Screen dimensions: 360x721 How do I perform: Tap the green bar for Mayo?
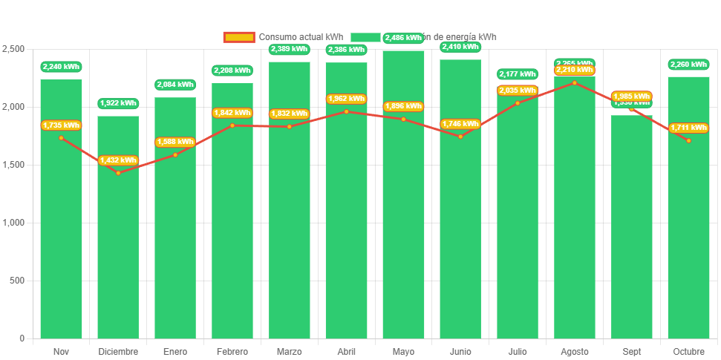[403, 223]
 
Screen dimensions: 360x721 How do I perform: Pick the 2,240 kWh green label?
[61, 67]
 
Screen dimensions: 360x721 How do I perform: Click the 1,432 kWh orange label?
[118, 160]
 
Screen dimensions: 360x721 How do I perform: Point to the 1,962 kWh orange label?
[346, 99]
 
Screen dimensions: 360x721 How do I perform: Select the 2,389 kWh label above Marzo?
[289, 50]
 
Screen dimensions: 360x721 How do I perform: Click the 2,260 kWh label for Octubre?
[688, 65]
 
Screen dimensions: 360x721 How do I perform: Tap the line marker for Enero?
[175, 154]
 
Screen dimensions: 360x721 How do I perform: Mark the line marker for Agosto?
[574, 82]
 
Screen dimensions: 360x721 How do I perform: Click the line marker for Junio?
[460, 137]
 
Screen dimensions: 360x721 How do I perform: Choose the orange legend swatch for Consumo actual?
[238, 37]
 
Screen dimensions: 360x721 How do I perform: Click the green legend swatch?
[365, 37]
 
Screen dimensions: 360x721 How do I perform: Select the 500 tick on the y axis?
[16, 281]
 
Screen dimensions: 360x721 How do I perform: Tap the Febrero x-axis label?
[232, 351]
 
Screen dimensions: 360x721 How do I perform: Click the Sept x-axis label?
[631, 351]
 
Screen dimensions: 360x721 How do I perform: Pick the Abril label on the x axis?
[346, 351]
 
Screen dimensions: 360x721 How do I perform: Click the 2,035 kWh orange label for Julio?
[518, 91]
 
